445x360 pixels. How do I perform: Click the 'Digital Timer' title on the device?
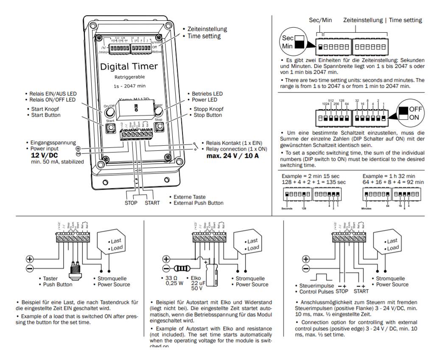coord(129,66)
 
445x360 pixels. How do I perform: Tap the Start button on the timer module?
coord(109,128)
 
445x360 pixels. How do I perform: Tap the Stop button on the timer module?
coord(158,128)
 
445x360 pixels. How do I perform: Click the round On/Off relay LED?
coord(109,112)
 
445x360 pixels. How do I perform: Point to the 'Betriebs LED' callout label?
coord(206,94)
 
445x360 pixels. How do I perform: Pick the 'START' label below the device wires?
coord(152,203)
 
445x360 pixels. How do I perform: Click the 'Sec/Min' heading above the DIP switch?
coord(320,20)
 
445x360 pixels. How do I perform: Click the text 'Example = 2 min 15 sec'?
coord(311,176)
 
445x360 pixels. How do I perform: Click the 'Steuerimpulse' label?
coord(316,286)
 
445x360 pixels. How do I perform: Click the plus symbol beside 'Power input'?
coord(78,149)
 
